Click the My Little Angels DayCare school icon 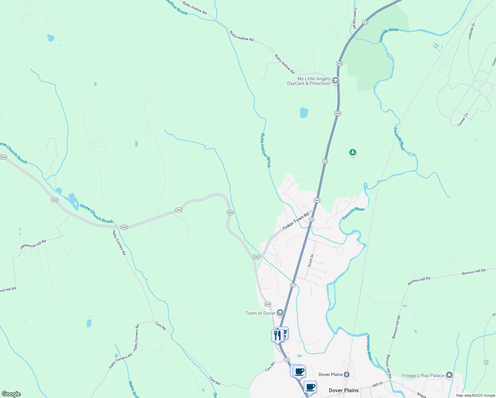coord(336,81)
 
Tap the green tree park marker coord(353,153)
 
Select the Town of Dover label coord(260,313)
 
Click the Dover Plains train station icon coord(346,374)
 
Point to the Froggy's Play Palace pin coord(449,375)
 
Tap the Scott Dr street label coord(311,261)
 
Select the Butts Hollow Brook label coord(266,150)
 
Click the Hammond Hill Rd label coord(33,244)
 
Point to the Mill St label coord(377,385)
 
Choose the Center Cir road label coord(463,119)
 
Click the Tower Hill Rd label coord(355,18)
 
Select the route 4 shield coord(486,362)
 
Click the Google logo coord(11,394)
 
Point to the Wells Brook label coord(133,389)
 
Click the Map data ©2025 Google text coord(475,395)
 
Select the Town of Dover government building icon coord(280,313)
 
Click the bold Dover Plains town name coord(343,390)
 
